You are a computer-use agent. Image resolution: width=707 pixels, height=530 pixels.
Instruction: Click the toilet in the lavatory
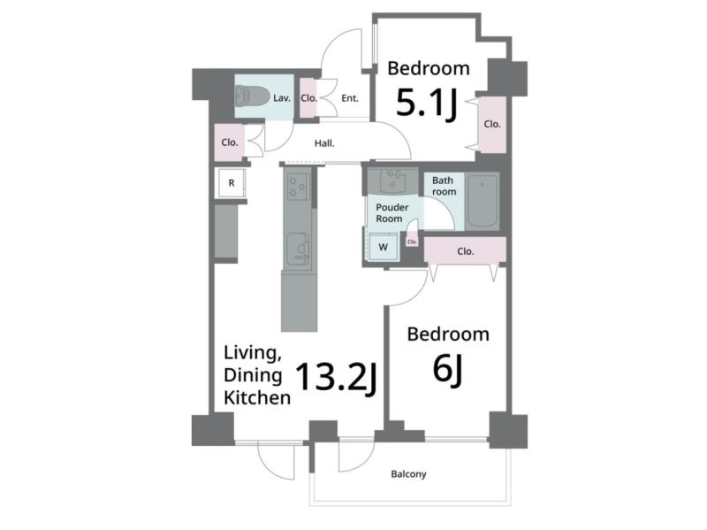coord(249,96)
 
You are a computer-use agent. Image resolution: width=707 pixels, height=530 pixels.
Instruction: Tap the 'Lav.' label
coord(282,98)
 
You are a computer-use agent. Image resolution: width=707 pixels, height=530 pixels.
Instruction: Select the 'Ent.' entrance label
coord(349,98)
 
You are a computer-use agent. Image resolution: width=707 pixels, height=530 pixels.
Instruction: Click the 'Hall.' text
coord(324,143)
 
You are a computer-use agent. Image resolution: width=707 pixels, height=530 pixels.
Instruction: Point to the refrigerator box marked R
coord(232,183)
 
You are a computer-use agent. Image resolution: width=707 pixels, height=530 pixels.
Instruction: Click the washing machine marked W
coord(383,247)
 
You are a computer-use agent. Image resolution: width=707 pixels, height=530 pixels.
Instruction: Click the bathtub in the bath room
coord(483,202)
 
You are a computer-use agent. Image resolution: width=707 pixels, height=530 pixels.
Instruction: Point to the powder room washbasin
coord(392,181)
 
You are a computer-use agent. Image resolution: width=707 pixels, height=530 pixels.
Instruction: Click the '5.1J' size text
coord(427,104)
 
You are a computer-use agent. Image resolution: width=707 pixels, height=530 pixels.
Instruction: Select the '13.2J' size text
coord(337,377)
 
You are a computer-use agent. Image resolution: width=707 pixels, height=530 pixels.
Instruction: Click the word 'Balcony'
coord(408,474)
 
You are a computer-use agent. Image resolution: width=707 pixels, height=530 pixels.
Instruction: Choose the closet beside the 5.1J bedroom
coord(492,124)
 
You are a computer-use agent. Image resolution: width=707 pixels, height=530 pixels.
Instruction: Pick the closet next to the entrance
coord(308,98)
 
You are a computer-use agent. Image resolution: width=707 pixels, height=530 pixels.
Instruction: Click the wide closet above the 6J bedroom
coord(466,251)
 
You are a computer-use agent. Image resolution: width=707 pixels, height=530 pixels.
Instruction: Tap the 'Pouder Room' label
coord(392,213)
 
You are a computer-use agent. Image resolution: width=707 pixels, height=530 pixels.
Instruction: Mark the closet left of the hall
coord(230,142)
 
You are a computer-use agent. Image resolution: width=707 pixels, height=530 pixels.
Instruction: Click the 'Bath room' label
coord(444,186)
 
